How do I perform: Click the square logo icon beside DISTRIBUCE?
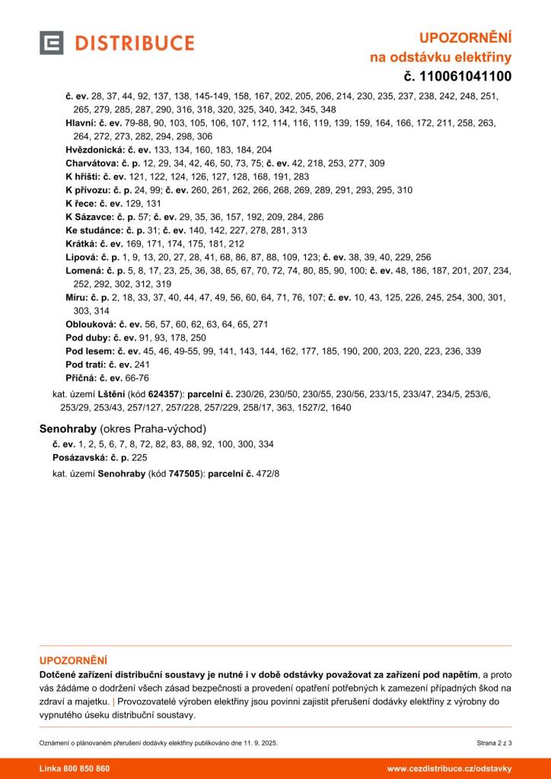click(51, 43)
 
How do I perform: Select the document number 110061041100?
click(465, 75)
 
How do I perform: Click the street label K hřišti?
click(82, 176)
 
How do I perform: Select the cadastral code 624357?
click(165, 395)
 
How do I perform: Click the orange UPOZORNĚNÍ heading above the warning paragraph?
click(73, 660)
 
